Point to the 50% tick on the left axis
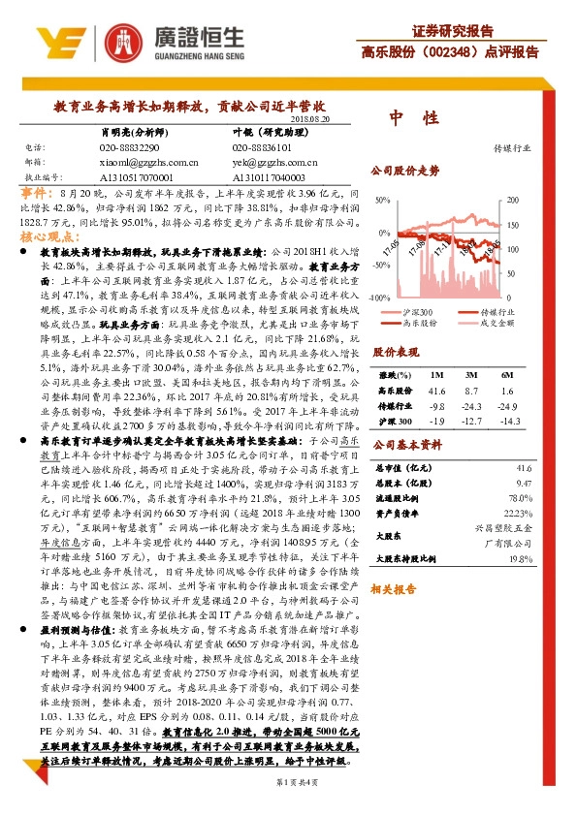point(381,200)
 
